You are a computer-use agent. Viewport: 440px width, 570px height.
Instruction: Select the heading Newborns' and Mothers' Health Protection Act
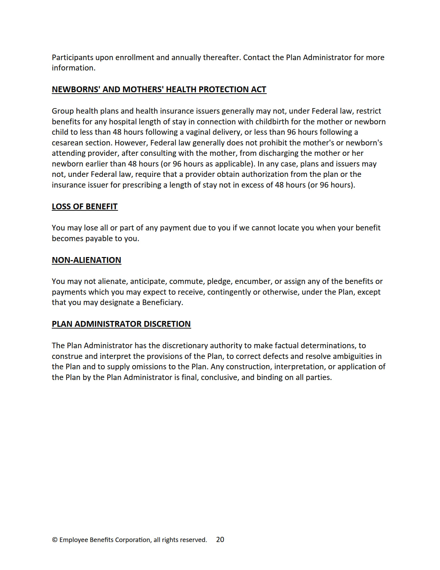point(159,89)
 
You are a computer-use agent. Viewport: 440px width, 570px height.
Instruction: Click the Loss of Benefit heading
point(85,207)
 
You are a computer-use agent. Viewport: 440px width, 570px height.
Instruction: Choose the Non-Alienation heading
point(86,260)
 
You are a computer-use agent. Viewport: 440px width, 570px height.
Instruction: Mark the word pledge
point(219,281)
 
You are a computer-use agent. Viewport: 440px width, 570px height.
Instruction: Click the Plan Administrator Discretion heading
point(121,324)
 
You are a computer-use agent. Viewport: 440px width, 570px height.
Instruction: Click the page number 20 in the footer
point(220,540)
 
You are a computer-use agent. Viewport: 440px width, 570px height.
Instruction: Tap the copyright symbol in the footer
point(55,540)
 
